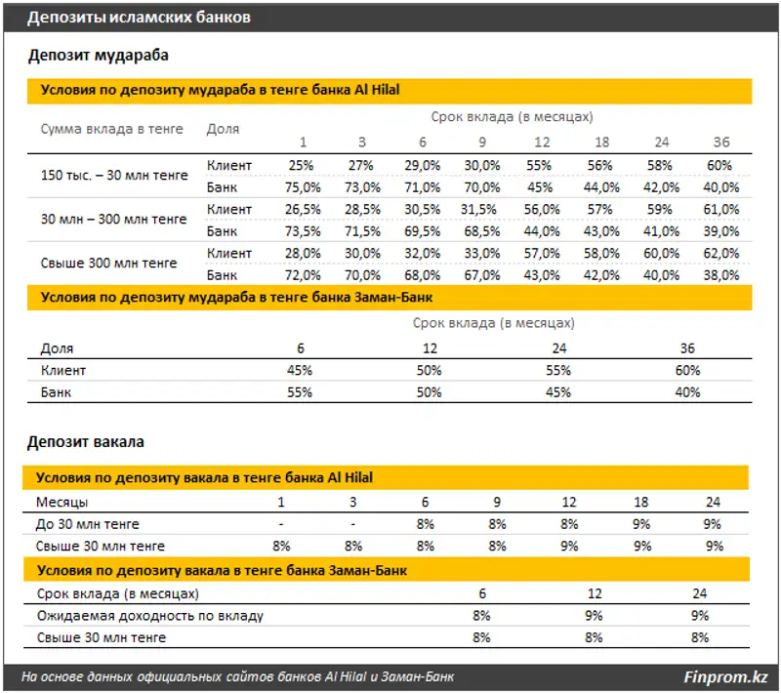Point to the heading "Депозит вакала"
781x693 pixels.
tap(86, 442)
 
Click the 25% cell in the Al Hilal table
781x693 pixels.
tap(302, 165)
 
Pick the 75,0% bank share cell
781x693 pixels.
tap(302, 186)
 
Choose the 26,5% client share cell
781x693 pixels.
tap(302, 209)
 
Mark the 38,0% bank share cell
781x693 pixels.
tap(721, 275)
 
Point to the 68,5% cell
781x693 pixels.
tap(482, 231)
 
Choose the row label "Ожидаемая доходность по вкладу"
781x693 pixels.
tap(149, 616)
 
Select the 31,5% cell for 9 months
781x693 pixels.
tap(482, 209)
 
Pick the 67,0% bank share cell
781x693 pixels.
tap(482, 275)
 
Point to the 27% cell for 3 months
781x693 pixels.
tap(361, 165)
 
